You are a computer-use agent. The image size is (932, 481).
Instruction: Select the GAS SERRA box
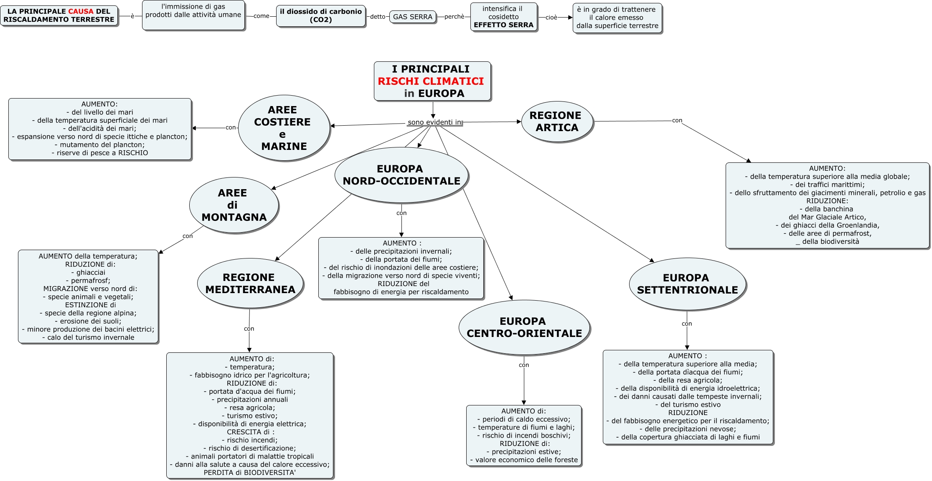[413, 17]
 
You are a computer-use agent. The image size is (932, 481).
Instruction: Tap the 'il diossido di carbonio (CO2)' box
[321, 16]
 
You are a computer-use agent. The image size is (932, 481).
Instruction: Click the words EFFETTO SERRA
[503, 25]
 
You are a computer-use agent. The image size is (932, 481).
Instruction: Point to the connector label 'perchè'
[454, 17]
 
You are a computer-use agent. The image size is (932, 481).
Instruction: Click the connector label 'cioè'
[551, 18]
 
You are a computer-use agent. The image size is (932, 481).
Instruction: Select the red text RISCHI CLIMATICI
[431, 81]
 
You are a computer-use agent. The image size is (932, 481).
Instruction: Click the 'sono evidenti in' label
[434, 122]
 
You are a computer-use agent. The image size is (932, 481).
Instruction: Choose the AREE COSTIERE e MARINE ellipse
[284, 128]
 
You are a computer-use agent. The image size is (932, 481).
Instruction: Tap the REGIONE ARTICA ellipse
[557, 122]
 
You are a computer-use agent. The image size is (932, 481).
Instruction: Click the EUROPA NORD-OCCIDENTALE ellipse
[401, 175]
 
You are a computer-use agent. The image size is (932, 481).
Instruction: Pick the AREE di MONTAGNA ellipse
[234, 205]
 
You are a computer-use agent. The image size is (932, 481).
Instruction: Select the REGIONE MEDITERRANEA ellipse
[250, 283]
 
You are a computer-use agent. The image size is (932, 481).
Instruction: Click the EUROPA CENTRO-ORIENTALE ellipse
[524, 327]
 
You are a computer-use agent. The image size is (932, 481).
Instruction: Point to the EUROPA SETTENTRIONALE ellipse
[687, 284]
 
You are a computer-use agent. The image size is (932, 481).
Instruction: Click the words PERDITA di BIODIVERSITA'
[250, 473]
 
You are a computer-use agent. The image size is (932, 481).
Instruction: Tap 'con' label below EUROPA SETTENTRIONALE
[687, 324]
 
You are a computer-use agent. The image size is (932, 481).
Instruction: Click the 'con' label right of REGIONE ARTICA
[677, 120]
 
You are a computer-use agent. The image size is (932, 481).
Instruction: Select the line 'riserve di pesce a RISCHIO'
[100, 153]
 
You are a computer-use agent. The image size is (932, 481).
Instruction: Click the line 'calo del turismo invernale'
[88, 337]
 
